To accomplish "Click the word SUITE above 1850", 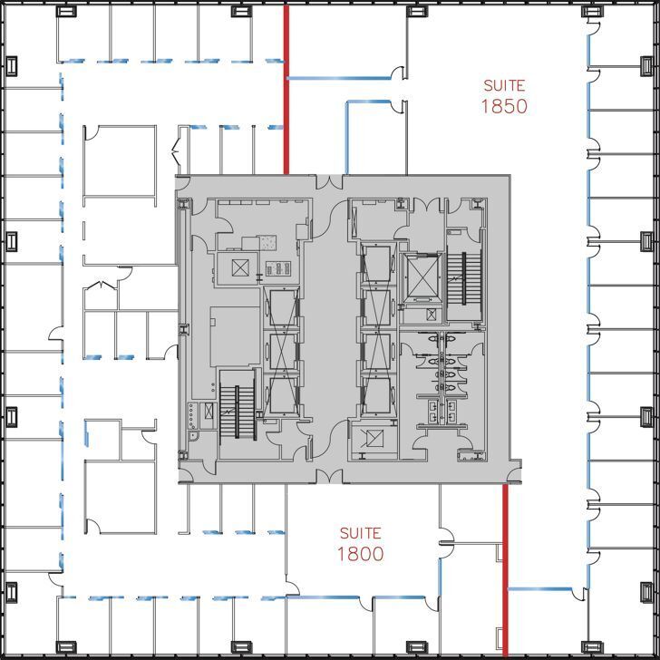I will pos(505,85).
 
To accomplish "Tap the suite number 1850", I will pos(505,106).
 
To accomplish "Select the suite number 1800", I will pos(360,554).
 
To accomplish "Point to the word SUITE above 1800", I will pos(360,533).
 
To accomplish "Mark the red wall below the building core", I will pos(505,571).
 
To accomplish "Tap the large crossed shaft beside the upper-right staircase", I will pos(422,277).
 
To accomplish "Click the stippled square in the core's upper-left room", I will pos(269,242).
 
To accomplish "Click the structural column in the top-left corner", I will pos(65,12).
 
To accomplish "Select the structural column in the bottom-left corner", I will pos(65,647).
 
